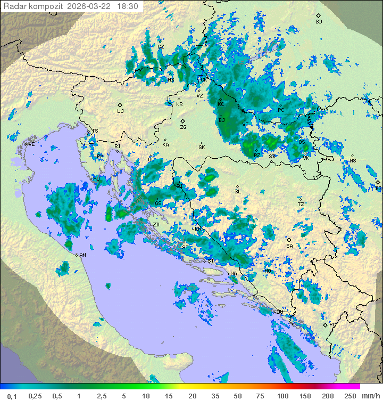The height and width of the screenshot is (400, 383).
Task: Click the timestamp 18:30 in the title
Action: coord(128,6)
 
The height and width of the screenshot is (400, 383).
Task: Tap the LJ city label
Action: coord(120,111)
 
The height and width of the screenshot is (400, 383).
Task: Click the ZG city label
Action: coord(183,127)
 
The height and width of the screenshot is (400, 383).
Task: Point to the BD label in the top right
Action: coord(319,22)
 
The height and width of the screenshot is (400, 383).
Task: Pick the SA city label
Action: coord(289,246)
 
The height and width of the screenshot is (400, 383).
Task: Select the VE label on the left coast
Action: coord(31,144)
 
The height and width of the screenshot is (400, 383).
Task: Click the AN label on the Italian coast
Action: coord(82,255)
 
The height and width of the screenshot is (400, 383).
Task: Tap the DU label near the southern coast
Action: coord(280,312)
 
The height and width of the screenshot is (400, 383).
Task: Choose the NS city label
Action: coord(353,161)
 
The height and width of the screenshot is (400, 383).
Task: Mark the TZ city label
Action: coord(301,205)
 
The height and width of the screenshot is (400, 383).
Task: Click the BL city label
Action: coord(238,192)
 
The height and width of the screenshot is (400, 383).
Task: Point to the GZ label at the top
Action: coord(161,47)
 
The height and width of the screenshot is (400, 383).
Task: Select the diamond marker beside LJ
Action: coord(120,105)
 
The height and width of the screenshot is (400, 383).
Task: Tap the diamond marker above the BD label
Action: coord(319,15)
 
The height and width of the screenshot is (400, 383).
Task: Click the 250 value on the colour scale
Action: coord(349,396)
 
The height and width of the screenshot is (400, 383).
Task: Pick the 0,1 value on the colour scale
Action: coord(12,396)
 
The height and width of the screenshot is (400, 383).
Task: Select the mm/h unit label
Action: coord(370,396)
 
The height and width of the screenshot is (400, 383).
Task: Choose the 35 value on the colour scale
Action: coord(215,396)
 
